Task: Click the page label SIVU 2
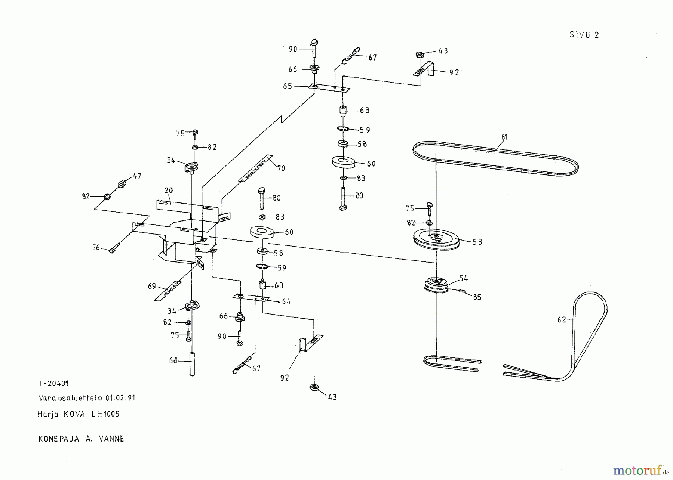[x=584, y=35]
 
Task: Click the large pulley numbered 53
[x=436, y=239]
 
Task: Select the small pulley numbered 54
[x=436, y=285]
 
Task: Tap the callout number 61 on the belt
[x=504, y=137]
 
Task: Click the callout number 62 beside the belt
[x=561, y=320]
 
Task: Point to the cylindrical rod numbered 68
[x=192, y=364]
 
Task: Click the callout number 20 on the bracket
[x=169, y=190]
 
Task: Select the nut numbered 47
[x=121, y=184]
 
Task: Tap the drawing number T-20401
[x=53, y=383]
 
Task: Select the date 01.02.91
[x=120, y=398]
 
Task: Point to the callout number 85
[x=477, y=297]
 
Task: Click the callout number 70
[x=281, y=168]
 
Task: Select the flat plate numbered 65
[x=329, y=88]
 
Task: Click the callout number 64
[x=286, y=301]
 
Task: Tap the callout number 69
[x=152, y=286]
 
